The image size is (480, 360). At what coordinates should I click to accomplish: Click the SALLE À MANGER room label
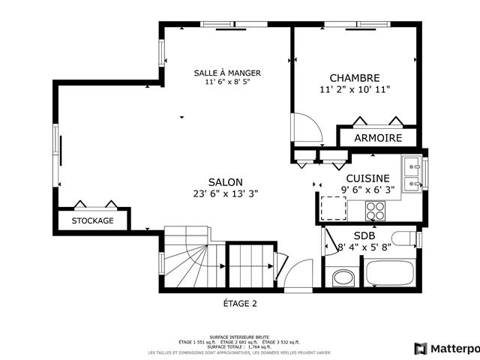(227, 73)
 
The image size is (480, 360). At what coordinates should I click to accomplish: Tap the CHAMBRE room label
(355, 78)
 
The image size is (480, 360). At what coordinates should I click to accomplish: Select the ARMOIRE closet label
(377, 139)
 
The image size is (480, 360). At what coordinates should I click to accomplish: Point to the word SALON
(225, 182)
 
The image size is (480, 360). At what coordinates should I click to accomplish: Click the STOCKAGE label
(93, 220)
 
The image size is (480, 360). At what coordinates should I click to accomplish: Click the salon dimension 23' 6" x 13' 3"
(225, 193)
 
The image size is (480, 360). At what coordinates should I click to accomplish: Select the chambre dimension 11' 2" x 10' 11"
(355, 89)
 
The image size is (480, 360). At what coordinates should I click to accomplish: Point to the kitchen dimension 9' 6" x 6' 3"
(367, 190)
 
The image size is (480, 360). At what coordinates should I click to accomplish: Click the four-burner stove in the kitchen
(375, 211)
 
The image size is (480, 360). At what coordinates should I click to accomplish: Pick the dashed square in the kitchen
(333, 207)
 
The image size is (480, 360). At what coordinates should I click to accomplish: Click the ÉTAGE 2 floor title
(240, 304)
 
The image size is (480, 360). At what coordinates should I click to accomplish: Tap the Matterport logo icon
(421, 349)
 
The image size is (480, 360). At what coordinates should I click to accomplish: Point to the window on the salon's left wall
(55, 156)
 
